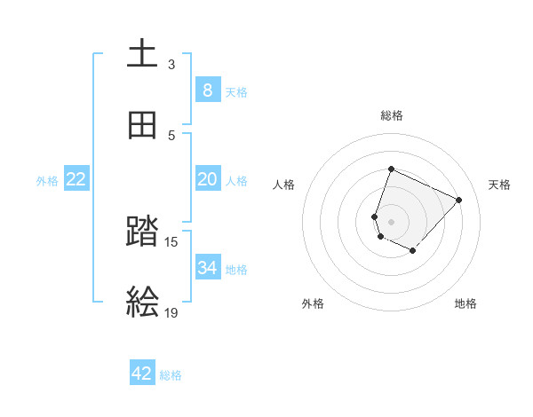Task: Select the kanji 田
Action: pyautogui.click(x=142, y=126)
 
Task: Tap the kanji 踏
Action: pyautogui.click(x=142, y=232)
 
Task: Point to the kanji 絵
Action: pyautogui.click(x=142, y=303)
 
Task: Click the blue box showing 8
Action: pyautogui.click(x=207, y=90)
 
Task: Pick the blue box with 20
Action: pyautogui.click(x=207, y=179)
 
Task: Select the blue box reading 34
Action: pyautogui.click(x=207, y=267)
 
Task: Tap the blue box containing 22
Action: pyautogui.click(x=76, y=179)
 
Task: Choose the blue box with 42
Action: pyautogui.click(x=142, y=374)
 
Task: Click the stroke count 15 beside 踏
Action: pyautogui.click(x=171, y=241)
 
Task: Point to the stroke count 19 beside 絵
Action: pyautogui.click(x=171, y=312)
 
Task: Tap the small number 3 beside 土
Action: pyautogui.click(x=171, y=64)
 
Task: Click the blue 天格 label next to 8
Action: pyautogui.click(x=236, y=91)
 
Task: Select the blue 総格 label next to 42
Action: pyautogui.click(x=171, y=375)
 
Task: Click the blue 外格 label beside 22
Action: pyautogui.click(x=47, y=181)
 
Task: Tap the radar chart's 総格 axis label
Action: pyautogui.click(x=392, y=115)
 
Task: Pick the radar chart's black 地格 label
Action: pyautogui.click(x=465, y=303)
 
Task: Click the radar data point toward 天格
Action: pyautogui.click(x=459, y=200)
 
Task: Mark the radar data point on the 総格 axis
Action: pyautogui.click(x=391, y=169)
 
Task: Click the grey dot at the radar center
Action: pyautogui.click(x=391, y=221)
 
